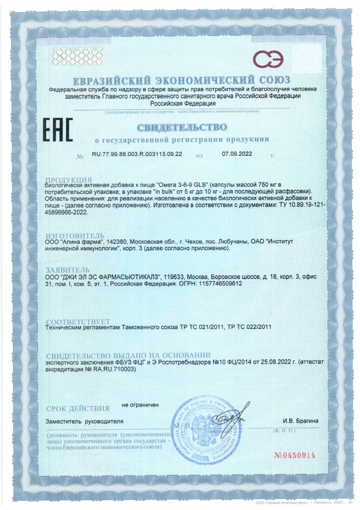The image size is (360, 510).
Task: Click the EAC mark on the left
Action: [x=58, y=130]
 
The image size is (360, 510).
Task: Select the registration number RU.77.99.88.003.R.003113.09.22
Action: [x=137, y=155]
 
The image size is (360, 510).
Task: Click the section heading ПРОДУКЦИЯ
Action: [x=69, y=179]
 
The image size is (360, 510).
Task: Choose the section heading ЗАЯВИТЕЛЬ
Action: [x=71, y=270]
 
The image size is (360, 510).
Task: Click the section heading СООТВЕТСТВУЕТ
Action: [x=78, y=322]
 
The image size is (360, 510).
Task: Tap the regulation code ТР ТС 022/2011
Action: [x=249, y=327]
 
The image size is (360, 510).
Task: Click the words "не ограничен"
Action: [x=140, y=405]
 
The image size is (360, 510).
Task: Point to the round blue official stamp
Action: [x=203, y=426]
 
